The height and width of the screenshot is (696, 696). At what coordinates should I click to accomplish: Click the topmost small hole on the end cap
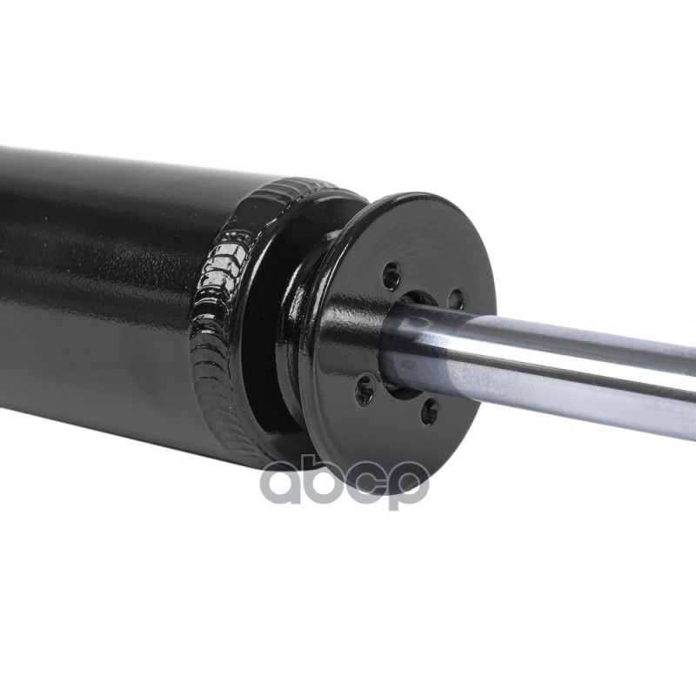pos(391,276)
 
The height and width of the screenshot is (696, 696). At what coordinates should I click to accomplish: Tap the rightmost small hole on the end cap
pos(456,299)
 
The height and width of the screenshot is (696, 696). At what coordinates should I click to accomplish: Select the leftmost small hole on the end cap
pos(365,390)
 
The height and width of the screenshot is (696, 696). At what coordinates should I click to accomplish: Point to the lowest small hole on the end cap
pos(429,411)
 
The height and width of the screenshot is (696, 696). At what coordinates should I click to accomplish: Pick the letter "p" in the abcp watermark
pos(405,487)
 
